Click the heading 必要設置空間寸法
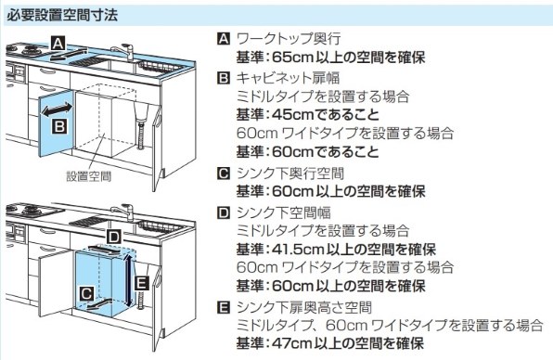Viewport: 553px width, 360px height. pos(62,16)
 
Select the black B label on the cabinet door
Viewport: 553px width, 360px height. pos(59,126)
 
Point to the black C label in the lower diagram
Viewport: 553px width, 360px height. pos(87,293)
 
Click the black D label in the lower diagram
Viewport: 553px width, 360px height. pos(113,237)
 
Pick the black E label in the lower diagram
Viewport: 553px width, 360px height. pos(142,283)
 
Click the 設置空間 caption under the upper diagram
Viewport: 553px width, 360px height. pos(89,176)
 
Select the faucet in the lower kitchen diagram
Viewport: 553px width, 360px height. pos(122,212)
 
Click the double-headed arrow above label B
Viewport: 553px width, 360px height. pos(58,109)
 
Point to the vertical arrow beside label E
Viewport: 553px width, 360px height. pos(129,280)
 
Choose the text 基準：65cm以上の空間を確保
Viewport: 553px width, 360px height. pos(331,58)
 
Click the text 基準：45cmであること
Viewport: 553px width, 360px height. pos(308,115)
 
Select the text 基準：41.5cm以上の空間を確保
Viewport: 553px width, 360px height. pos(336,250)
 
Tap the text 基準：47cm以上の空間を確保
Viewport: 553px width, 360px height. pos(330,343)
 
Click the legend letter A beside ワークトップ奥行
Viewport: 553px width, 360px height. pos(224,39)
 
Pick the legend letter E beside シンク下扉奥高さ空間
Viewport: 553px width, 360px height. pos(224,308)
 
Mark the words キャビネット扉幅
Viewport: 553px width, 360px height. pos(289,78)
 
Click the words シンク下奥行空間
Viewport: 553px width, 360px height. pos(289,174)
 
